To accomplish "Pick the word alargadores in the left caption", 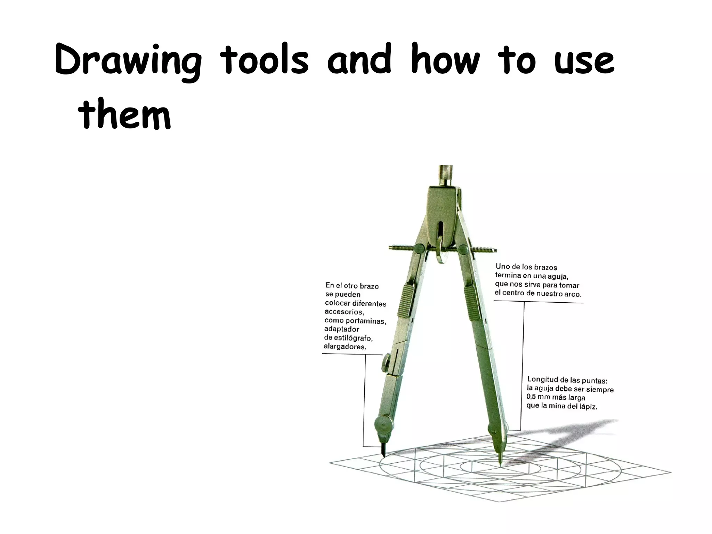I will click(x=345, y=347).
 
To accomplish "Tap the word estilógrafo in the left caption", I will click(x=352, y=338).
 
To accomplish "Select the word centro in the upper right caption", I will click(x=517, y=293).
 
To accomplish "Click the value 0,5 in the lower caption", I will click(x=532, y=397).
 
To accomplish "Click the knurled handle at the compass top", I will click(x=445, y=176).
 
